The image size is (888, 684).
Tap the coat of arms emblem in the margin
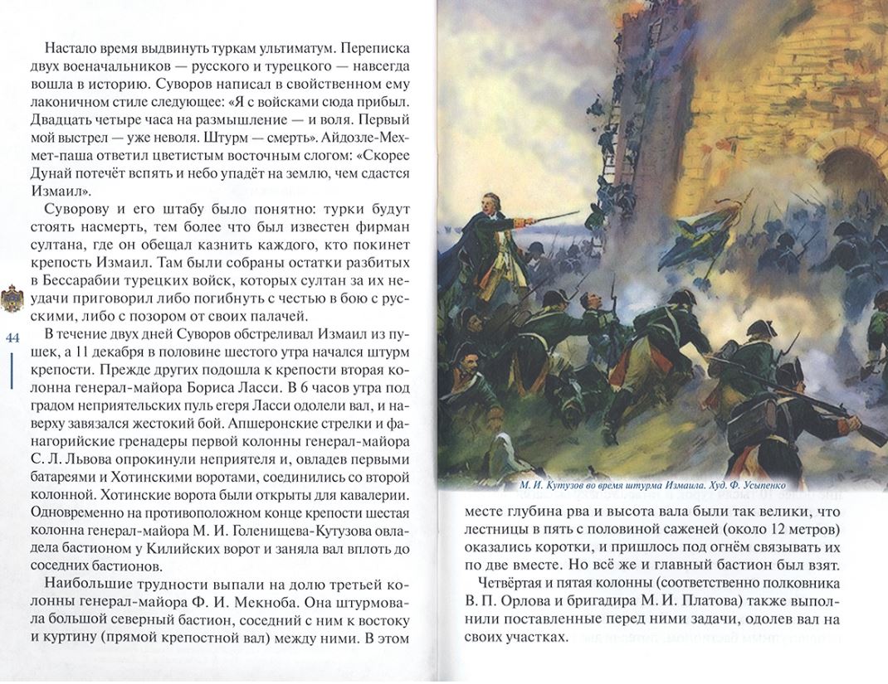click(x=12, y=294)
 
